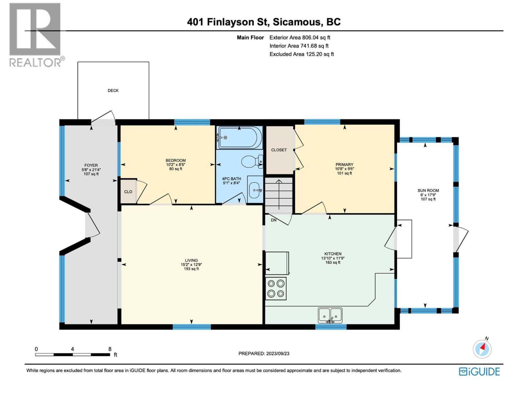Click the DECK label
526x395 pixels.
pos(113,91)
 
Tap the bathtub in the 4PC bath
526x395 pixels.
pos(239,137)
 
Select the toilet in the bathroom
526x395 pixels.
pos(251,161)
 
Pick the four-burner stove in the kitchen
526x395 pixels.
pos(276,288)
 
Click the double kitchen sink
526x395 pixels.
pos(330,315)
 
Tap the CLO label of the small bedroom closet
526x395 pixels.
pos(128,192)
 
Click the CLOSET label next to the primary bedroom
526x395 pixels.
pos(279,150)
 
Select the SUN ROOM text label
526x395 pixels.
pos(428,190)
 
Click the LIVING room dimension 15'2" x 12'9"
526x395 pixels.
pos(191,264)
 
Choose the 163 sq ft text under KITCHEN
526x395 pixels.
pos(333,262)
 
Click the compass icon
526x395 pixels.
pos(482,348)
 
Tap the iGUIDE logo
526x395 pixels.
pos(479,372)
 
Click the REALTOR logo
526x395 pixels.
pos(35,35)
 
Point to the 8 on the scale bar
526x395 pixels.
pos(110,349)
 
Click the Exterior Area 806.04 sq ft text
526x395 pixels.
pos(300,38)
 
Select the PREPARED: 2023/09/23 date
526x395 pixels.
pos(264,354)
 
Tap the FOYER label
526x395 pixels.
pos(91,165)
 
